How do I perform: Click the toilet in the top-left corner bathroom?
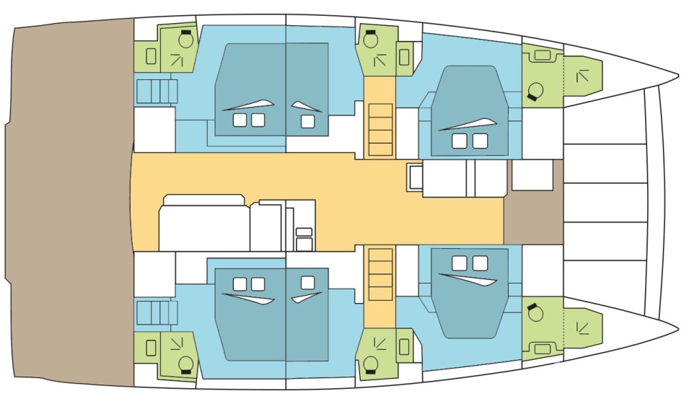pos(185,39)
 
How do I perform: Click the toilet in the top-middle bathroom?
pos(371,39)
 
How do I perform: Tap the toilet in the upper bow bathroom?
pos(536,91)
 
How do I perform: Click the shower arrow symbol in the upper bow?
pos(582,74)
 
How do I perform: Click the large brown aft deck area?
pos(69,202)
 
